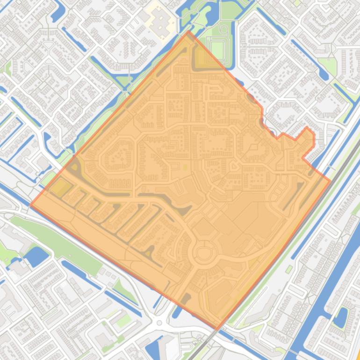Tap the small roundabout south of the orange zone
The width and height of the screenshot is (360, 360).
point(159,323)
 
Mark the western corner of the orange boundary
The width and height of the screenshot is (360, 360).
point(31,204)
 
